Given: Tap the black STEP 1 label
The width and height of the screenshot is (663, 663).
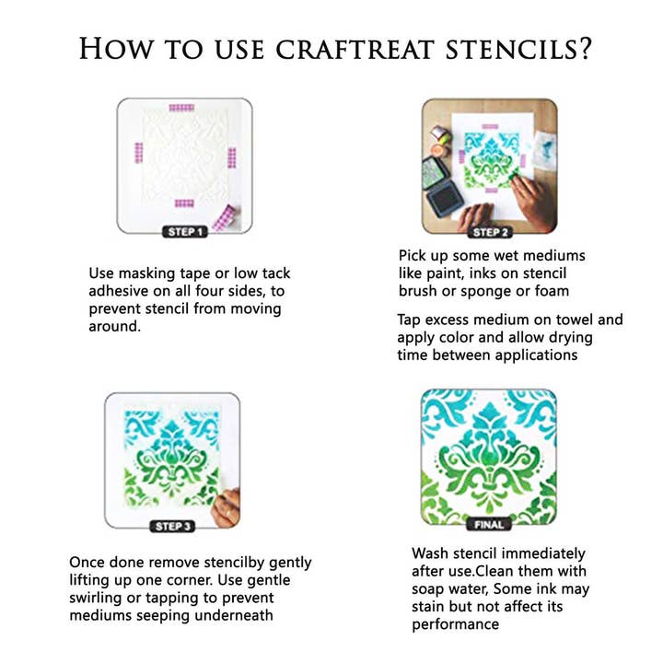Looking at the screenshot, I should (x=184, y=232).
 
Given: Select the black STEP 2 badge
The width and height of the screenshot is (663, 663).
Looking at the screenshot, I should (x=491, y=232).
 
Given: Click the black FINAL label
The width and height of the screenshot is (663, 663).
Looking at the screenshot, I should (x=489, y=525).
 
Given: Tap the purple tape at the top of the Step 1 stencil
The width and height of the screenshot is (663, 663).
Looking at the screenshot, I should (x=180, y=109).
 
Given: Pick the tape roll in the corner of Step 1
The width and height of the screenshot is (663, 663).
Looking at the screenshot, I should (x=224, y=219).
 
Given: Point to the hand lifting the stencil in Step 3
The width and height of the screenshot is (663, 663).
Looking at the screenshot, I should (x=227, y=506).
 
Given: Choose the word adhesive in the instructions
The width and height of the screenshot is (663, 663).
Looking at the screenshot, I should (x=122, y=291).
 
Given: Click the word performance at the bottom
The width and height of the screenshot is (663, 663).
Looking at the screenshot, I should (x=456, y=624).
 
